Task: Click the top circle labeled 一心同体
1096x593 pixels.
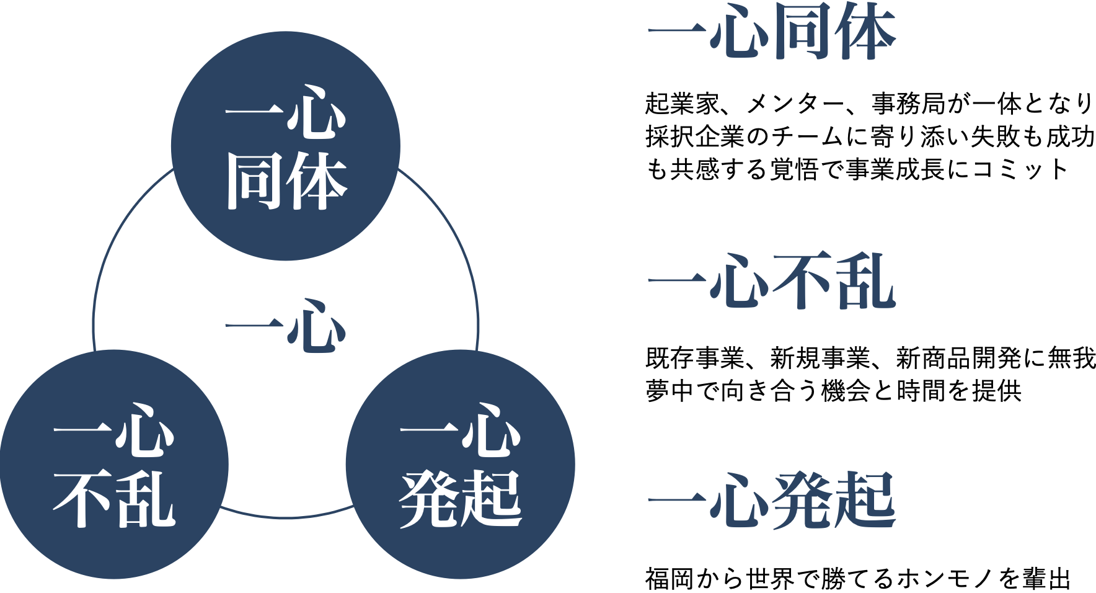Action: coord(286,146)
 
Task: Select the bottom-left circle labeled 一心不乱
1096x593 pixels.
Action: coord(114,465)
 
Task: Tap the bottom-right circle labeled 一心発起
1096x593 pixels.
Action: coord(461,465)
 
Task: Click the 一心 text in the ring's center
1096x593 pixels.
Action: coord(286,326)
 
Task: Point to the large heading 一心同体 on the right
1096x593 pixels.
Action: coord(772,32)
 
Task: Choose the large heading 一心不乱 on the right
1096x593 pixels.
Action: coord(772,282)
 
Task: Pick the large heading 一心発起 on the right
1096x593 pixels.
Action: coord(772,501)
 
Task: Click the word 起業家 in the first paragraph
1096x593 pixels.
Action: coord(682,104)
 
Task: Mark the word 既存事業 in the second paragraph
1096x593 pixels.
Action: coord(695,358)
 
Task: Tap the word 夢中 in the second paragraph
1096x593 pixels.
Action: coord(670,391)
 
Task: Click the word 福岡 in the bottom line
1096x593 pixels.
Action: coord(670,579)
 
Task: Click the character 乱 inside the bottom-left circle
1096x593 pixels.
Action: coord(146,499)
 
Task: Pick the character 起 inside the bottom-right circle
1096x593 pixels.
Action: coord(493,499)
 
